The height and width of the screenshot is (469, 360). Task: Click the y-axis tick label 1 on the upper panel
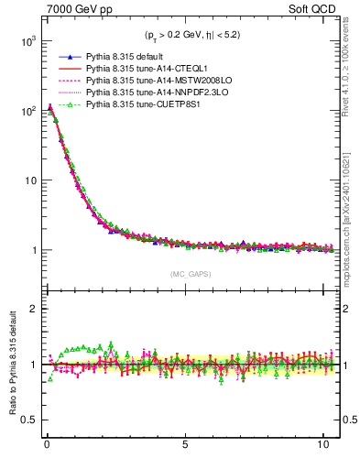click(32, 250)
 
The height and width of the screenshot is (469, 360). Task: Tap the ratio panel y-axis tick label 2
click(32, 309)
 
